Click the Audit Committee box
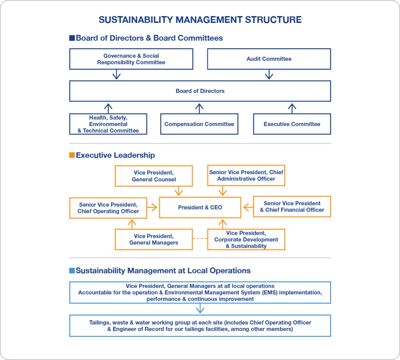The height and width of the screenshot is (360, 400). click(269, 59)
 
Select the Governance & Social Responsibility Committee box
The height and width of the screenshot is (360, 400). click(131, 59)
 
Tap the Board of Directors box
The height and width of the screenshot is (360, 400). click(200, 91)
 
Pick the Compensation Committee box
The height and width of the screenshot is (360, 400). click(199, 124)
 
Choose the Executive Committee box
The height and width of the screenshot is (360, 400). click(292, 124)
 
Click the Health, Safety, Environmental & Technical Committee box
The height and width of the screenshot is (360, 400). click(108, 124)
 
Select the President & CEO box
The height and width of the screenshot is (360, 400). click(200, 208)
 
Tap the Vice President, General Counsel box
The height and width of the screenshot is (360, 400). click(154, 176)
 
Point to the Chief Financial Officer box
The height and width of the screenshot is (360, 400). click(292, 206)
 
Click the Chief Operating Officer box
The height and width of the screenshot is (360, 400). click(108, 208)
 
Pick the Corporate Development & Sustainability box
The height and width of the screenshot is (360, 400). click(246, 239)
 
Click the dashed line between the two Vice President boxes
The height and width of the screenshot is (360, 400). click(200, 238)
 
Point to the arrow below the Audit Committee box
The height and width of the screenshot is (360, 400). click(269, 75)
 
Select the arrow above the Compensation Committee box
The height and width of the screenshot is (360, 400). click(199, 108)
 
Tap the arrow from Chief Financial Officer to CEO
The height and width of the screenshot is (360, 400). click(248, 207)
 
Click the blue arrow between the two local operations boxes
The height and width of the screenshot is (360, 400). click(200, 309)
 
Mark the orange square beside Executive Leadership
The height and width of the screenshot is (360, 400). click(72, 155)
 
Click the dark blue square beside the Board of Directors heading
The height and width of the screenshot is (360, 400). click(72, 38)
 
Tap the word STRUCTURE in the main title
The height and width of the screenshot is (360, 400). click(273, 19)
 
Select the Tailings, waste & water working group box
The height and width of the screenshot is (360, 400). click(200, 326)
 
